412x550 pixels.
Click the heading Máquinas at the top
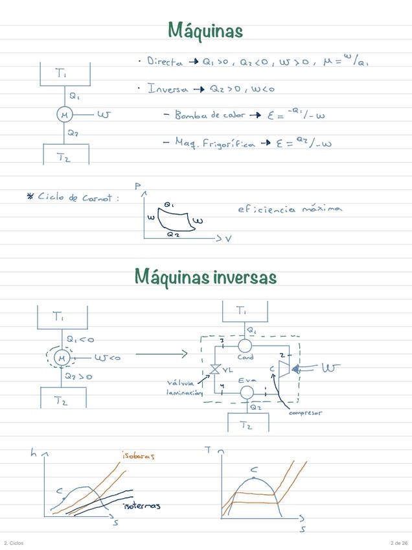(205, 30)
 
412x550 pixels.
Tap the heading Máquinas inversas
(205, 278)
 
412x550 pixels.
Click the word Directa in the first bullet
(165, 62)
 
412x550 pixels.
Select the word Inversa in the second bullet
(167, 88)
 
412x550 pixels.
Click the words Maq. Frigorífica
(215, 143)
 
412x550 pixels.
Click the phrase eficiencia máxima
(290, 209)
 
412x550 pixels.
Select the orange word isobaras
(138, 456)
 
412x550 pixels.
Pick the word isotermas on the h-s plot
(141, 505)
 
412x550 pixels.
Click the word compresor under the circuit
(305, 413)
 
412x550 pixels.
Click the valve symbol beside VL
(214, 370)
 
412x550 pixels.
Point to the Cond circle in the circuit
(245, 346)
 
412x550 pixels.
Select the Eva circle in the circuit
(246, 392)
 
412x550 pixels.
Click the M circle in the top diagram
(64, 115)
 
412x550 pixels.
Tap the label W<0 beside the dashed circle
(107, 357)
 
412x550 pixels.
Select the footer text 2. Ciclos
(14, 543)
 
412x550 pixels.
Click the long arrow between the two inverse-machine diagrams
(161, 354)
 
